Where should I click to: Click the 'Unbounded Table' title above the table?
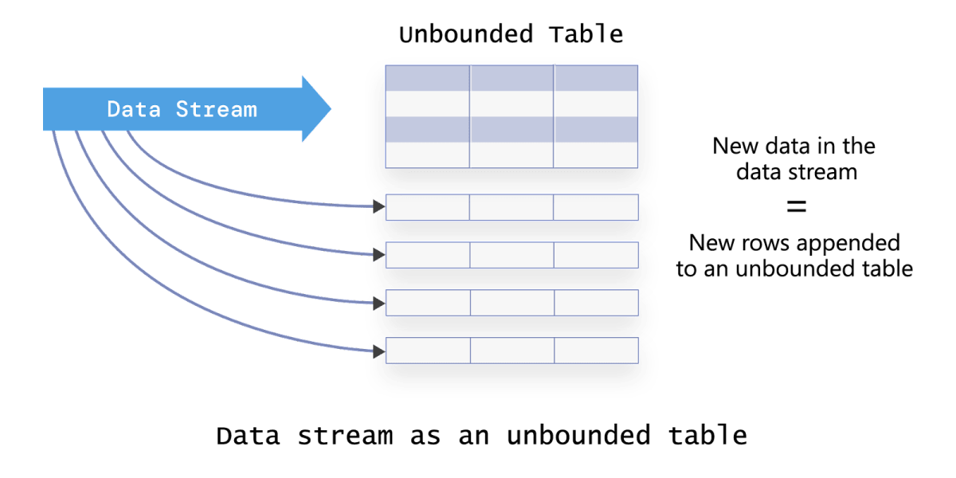click(x=511, y=35)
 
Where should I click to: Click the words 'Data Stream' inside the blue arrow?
click(x=182, y=109)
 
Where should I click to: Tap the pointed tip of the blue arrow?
click(x=329, y=109)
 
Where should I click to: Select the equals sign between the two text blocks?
click(x=796, y=207)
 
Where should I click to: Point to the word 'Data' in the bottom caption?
click(x=245, y=436)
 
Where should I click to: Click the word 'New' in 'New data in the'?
click(x=732, y=147)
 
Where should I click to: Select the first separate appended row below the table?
click(x=511, y=207)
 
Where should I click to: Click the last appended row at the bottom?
click(x=511, y=351)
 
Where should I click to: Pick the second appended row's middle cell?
click(x=511, y=255)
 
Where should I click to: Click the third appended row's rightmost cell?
click(x=596, y=303)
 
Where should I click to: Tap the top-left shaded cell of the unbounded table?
click(x=427, y=78)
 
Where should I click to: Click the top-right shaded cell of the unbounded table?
click(x=596, y=78)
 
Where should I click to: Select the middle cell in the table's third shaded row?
click(x=511, y=129)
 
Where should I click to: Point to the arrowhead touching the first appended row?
click(x=378, y=207)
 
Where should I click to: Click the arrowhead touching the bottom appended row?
click(x=378, y=351)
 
